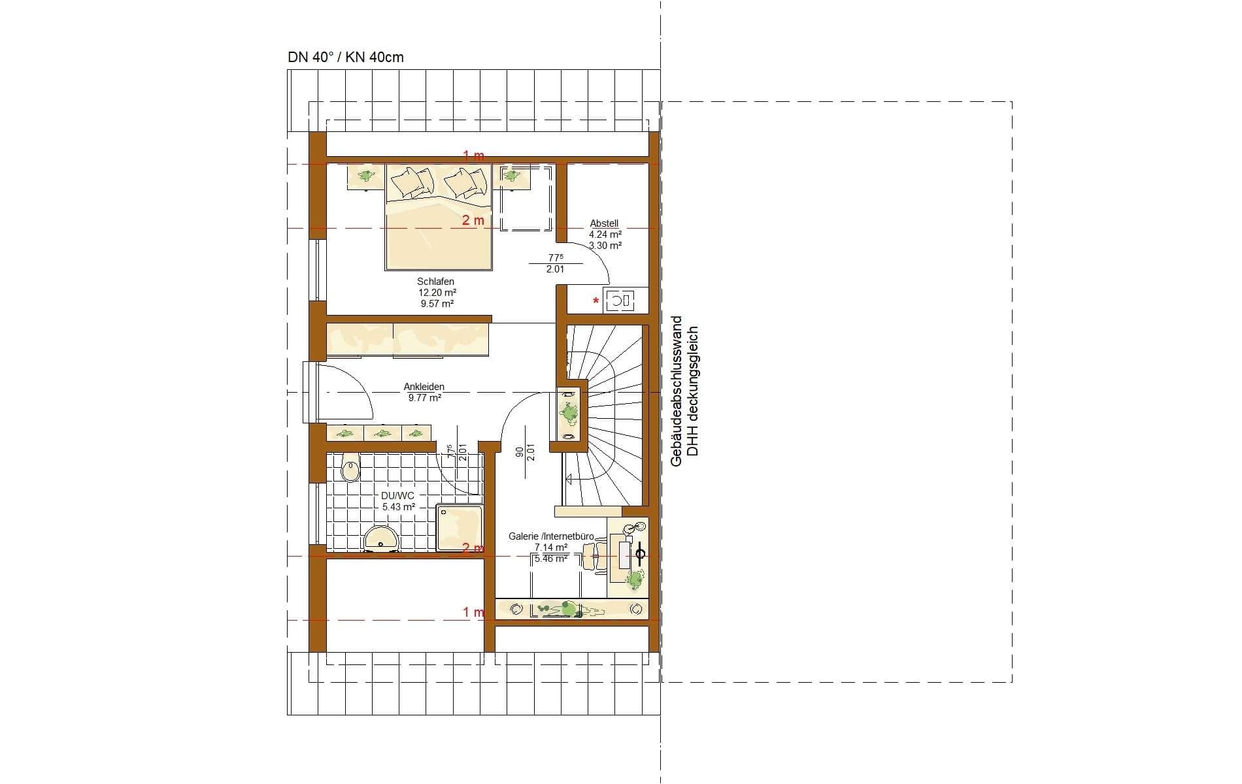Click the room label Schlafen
(435, 282)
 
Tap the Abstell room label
(604, 223)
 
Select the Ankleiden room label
(424, 387)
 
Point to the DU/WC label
(397, 496)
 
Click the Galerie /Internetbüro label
(551, 536)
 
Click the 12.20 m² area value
(437, 293)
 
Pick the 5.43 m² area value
(399, 506)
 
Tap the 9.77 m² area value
(424, 397)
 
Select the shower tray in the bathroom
(459, 527)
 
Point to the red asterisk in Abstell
(596, 301)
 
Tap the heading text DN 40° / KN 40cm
(346, 57)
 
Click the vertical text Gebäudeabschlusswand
(677, 391)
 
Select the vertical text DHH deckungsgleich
(694, 391)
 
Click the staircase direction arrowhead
(569, 479)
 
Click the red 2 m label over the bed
(473, 221)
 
